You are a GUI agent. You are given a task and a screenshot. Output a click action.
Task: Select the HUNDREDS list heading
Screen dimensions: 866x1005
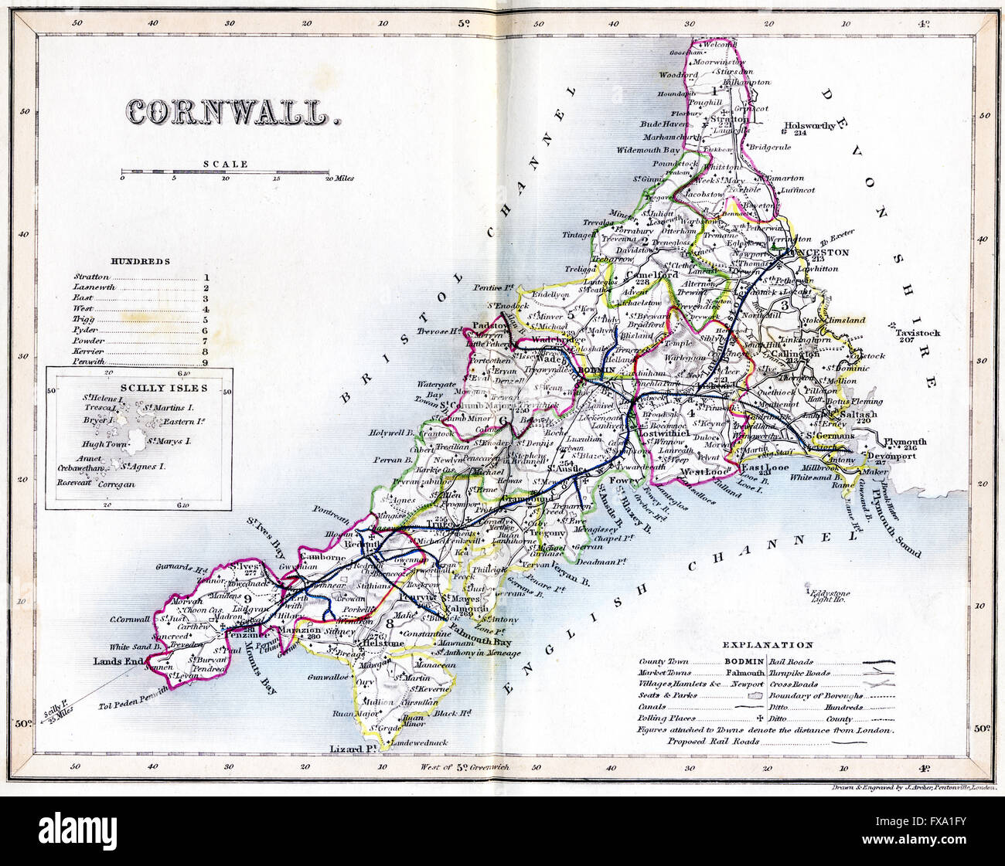pyautogui.click(x=140, y=262)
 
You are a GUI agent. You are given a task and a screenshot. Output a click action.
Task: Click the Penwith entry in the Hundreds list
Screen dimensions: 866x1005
pyautogui.click(x=88, y=362)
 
